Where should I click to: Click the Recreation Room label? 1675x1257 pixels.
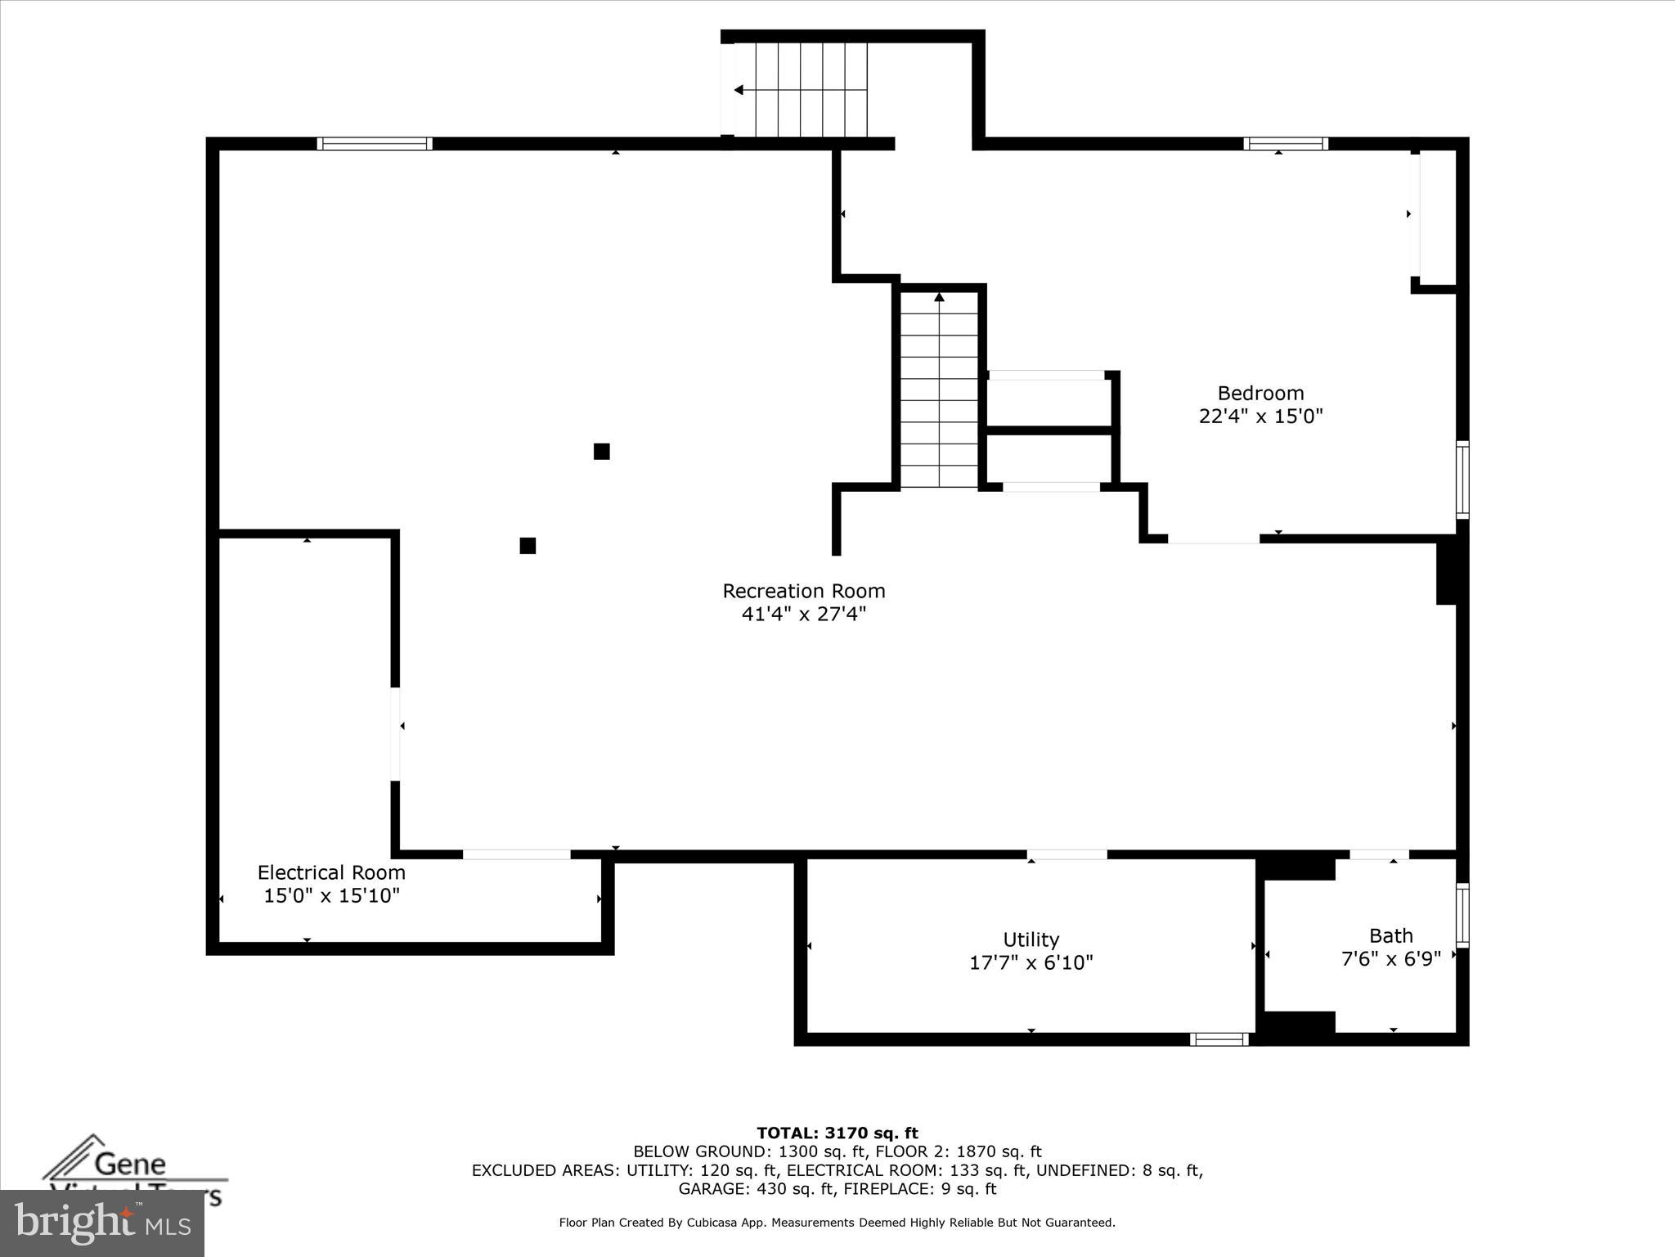803,591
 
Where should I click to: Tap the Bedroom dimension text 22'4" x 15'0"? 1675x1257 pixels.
1260,417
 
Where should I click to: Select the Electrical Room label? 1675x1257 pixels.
331,872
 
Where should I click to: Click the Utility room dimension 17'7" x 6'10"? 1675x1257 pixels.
1031,963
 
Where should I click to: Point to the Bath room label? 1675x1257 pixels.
1390,935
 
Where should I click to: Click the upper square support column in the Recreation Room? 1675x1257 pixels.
601,451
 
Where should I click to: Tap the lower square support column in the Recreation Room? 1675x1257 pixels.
528,545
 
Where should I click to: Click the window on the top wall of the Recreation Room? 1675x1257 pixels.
375,143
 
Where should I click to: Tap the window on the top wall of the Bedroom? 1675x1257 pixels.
1286,144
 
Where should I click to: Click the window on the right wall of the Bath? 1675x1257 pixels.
1462,915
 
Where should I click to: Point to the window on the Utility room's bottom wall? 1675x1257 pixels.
1219,1039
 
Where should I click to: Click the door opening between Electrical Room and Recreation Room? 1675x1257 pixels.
395,733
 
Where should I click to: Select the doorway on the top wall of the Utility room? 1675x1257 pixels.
1067,854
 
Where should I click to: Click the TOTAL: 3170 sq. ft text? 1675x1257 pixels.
837,1133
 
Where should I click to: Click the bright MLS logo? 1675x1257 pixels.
102,1223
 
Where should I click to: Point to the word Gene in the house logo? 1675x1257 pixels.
131,1164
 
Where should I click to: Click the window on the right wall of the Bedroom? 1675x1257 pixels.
1462,480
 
